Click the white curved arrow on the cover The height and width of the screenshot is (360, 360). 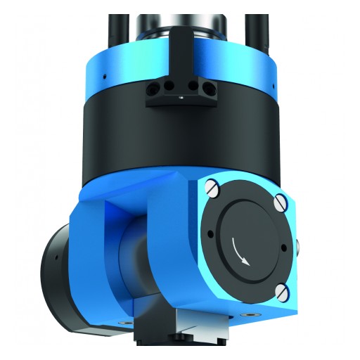point(239,251)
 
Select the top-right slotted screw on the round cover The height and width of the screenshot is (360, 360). point(279,203)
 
